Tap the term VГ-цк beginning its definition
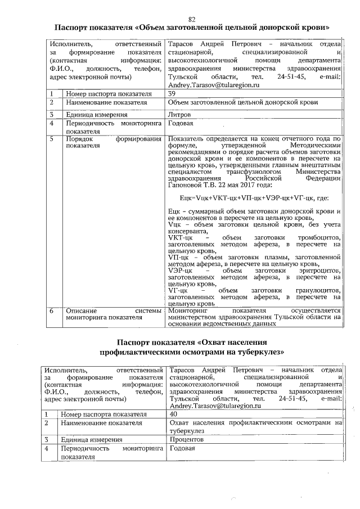pyautogui.click(x=178, y=290)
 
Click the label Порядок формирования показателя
pyautogui.click(x=110, y=142)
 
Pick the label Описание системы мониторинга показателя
pyautogui.click(x=110, y=313)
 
